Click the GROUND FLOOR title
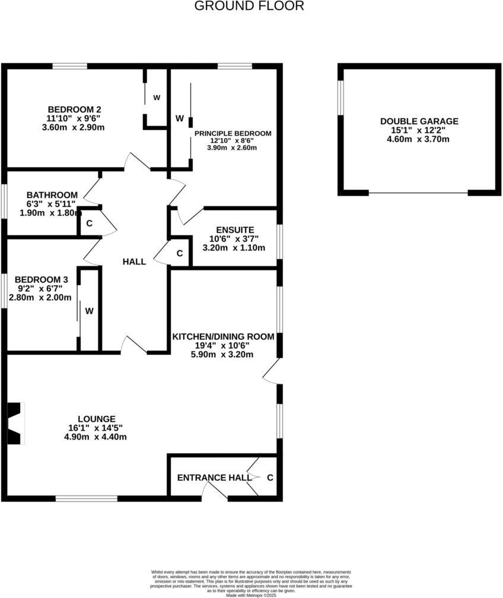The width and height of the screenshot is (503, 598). point(249,6)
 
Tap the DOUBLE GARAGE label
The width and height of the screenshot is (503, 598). point(419,121)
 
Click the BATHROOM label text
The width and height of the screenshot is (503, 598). point(52,195)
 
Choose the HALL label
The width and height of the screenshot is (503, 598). point(134,262)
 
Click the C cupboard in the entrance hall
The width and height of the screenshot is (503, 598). point(269,478)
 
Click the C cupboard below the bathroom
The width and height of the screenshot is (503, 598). point(89,224)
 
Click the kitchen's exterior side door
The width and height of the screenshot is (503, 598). point(272,371)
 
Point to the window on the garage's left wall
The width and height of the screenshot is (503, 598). point(340,96)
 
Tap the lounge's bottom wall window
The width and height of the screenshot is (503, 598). point(87,498)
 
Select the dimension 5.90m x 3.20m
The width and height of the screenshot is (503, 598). point(223,355)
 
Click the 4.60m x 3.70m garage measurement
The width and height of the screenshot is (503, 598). point(419,139)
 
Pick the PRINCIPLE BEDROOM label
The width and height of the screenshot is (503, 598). point(233,133)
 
